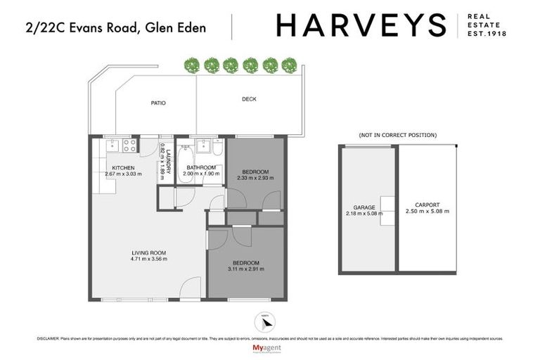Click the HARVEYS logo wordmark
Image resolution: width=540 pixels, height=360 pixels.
(x=361, y=25)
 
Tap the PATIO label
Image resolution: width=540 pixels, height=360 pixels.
(x=158, y=103)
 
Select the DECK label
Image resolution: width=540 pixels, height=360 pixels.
(x=249, y=99)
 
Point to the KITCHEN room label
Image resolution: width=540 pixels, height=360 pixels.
(x=123, y=167)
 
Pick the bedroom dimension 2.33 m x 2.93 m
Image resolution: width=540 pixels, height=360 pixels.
(x=256, y=179)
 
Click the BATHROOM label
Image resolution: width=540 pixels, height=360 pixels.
(x=202, y=167)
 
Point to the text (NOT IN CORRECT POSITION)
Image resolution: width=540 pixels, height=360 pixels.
(x=397, y=134)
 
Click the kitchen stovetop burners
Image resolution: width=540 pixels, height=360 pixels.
(x=129, y=146)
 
